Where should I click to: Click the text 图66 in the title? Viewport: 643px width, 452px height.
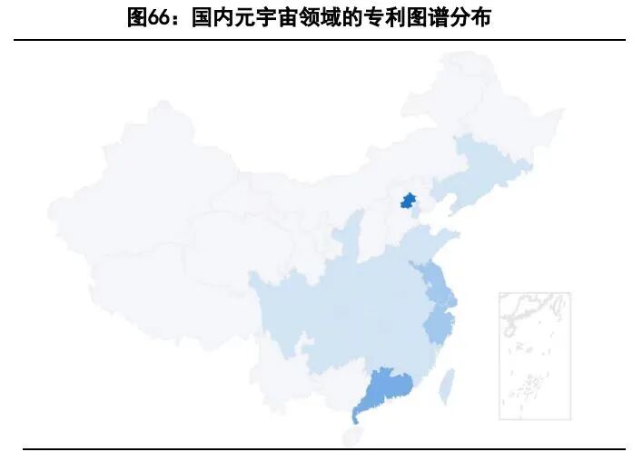144,17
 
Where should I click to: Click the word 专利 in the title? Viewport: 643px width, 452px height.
379,17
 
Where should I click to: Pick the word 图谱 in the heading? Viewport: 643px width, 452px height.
424,17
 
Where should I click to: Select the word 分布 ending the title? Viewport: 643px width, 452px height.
470,17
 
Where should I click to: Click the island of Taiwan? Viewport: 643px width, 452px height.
447,387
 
